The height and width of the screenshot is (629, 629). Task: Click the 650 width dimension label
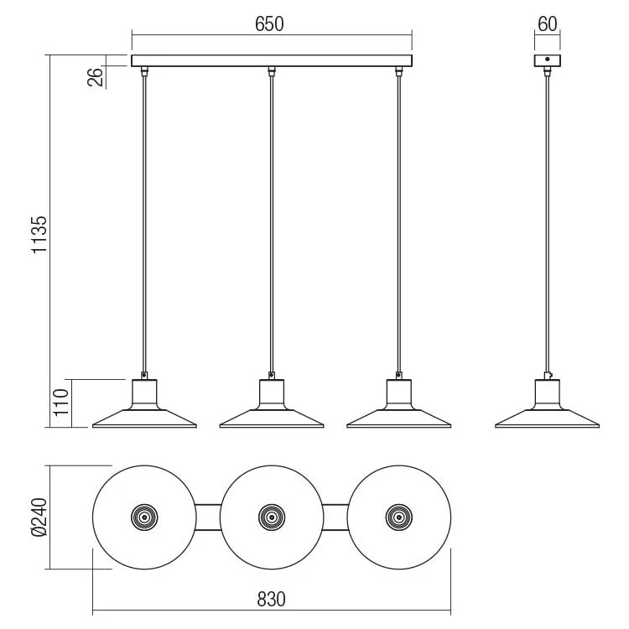tap(269, 24)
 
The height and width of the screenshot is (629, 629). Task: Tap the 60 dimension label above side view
tap(547, 24)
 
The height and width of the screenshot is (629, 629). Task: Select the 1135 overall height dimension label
tap(39, 235)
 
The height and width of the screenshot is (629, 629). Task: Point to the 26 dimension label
tap(95, 77)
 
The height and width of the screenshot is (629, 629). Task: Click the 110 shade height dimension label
tap(61, 403)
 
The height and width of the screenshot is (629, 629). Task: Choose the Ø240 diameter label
tap(39, 517)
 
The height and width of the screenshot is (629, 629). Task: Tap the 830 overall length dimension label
tap(271, 599)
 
